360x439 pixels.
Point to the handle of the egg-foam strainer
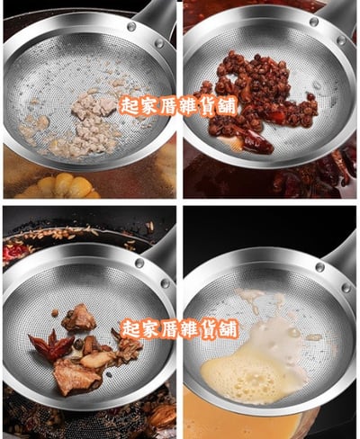pos(342,258)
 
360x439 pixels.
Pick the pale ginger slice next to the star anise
pos(97,360)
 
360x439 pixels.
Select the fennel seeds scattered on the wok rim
pos(75,232)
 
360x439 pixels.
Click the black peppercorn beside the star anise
pos(78,345)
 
